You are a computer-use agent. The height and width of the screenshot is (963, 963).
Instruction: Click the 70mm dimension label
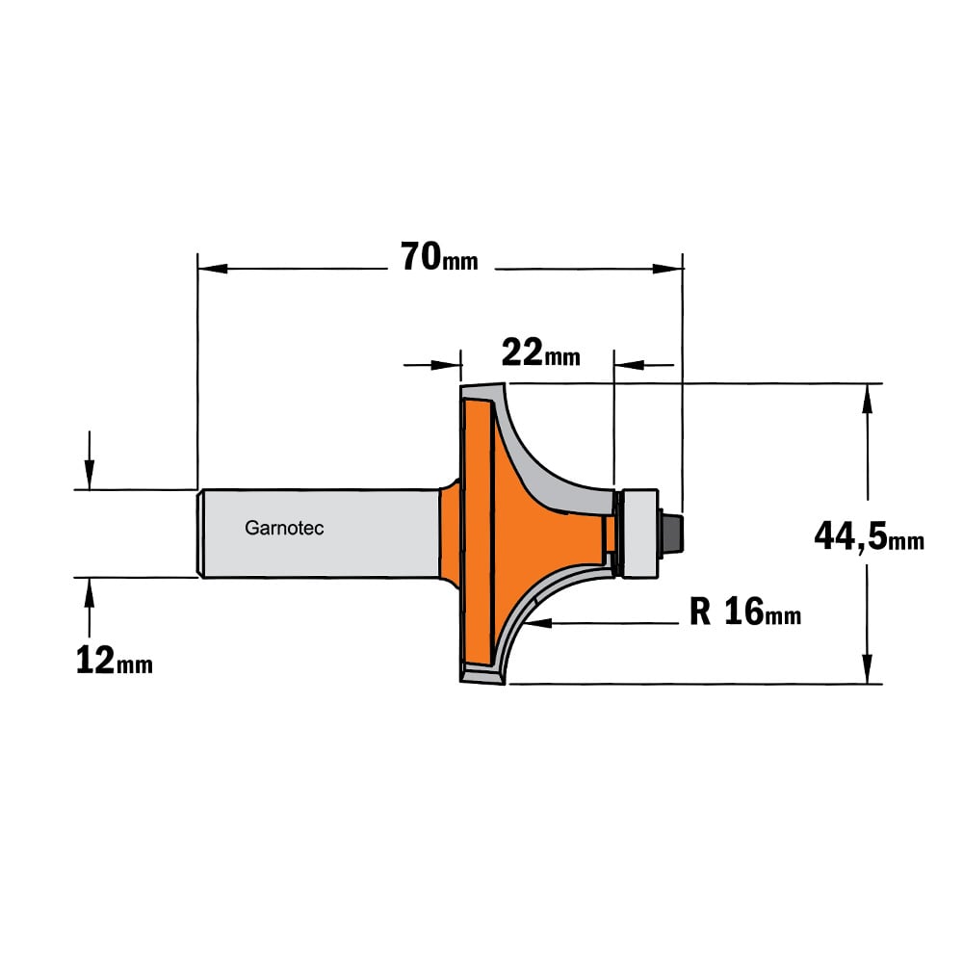(438, 257)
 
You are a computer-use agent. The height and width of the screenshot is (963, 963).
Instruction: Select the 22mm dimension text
(540, 352)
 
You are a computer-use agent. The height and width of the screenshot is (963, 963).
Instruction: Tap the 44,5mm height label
(869, 535)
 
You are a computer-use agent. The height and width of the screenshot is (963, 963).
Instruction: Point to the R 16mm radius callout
(745, 612)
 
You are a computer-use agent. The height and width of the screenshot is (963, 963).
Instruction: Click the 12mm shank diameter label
(114, 661)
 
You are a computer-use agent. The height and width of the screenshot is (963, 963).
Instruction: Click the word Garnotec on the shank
(284, 528)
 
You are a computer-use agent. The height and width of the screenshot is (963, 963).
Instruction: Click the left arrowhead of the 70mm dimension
(213, 269)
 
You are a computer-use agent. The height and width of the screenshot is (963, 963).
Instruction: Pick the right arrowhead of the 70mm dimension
(667, 269)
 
